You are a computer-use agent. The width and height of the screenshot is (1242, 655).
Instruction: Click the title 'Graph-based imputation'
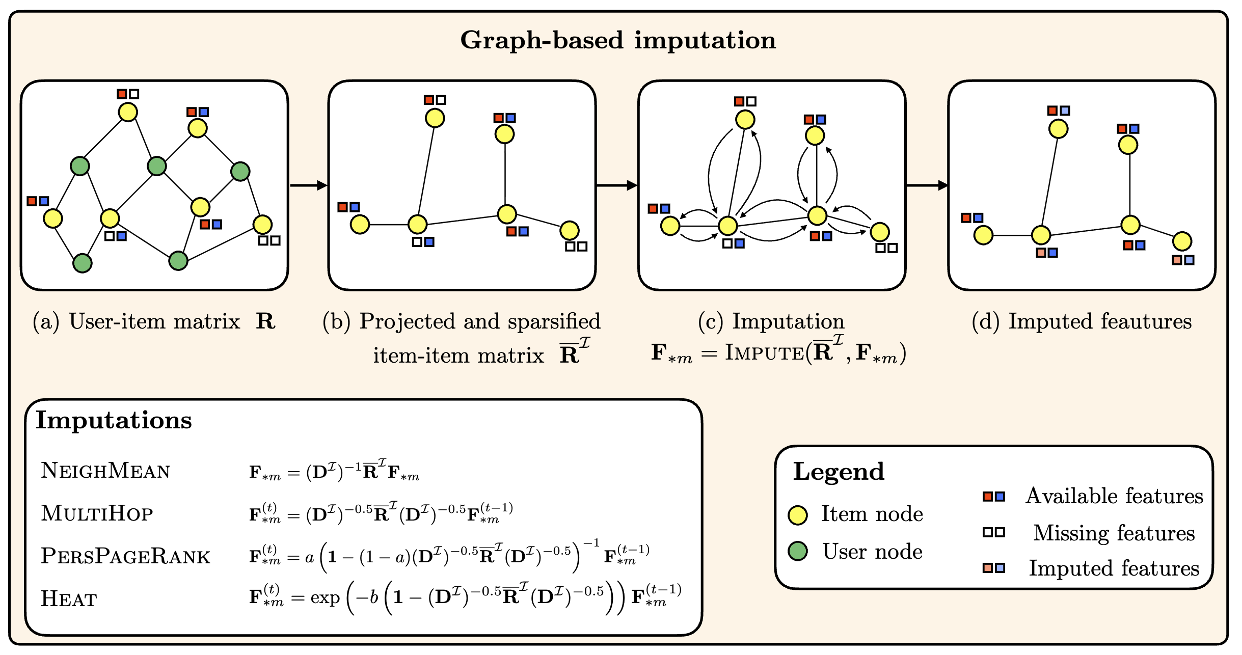pyautogui.click(x=618, y=40)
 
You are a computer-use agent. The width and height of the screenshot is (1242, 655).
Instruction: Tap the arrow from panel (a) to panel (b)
pyautogui.click(x=308, y=185)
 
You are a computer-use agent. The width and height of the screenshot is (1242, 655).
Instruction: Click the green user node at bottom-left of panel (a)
pyautogui.click(x=82, y=263)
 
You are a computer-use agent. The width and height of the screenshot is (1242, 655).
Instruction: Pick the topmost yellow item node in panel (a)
pyautogui.click(x=128, y=112)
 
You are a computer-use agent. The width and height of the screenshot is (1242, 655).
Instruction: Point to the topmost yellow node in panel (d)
pyautogui.click(x=1058, y=129)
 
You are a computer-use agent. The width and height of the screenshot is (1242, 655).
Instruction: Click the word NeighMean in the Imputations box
pyautogui.click(x=105, y=471)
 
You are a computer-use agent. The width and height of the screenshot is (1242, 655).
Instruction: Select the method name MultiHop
pyautogui.click(x=97, y=513)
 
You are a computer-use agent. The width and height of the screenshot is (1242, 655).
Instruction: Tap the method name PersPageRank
pyautogui.click(x=125, y=556)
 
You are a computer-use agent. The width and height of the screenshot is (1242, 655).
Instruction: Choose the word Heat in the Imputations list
pyautogui.click(x=69, y=599)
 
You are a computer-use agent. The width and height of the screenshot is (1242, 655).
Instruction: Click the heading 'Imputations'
pyautogui.click(x=114, y=421)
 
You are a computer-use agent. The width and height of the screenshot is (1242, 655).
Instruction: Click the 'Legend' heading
pyautogui.click(x=839, y=472)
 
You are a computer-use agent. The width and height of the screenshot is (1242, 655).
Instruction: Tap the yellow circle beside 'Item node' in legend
pyautogui.click(x=798, y=515)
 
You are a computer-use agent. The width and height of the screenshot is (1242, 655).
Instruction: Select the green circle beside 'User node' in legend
pyautogui.click(x=798, y=551)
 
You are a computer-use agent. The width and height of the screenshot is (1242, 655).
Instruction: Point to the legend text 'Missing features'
pyautogui.click(x=1114, y=533)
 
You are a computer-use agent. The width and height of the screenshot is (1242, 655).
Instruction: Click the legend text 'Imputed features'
pyautogui.click(x=1114, y=568)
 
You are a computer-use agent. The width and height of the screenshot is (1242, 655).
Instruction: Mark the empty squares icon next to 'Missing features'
pyautogui.click(x=993, y=533)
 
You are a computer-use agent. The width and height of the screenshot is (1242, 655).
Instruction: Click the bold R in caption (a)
pyautogui.click(x=265, y=321)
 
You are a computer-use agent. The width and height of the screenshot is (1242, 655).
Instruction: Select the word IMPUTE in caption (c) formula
pyautogui.click(x=764, y=352)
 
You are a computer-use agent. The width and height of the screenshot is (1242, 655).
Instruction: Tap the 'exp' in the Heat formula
pyautogui.click(x=325, y=598)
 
